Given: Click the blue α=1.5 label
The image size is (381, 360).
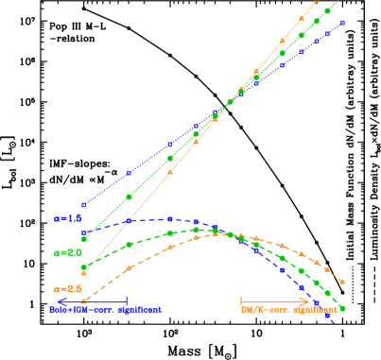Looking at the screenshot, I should tap(68, 218).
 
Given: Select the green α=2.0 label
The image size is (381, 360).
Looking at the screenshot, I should tap(68, 253).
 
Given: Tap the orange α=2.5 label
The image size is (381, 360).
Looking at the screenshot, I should tap(68, 288).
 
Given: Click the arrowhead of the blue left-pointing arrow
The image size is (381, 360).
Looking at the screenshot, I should tap(60, 300).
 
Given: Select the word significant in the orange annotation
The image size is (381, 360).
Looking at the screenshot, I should tap(316, 310).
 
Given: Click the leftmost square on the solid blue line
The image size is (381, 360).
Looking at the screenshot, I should tap(84, 204).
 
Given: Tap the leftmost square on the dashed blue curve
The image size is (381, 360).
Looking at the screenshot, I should tap(84, 232).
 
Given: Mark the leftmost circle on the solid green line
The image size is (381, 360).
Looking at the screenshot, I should tap(84, 239).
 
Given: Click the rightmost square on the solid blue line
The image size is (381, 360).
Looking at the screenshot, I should tap(342, 23).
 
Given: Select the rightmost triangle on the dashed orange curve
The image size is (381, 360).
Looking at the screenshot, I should tap(342, 282).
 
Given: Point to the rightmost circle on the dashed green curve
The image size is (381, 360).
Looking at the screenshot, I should tap(342, 308).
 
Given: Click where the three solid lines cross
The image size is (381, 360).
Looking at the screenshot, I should tap(230, 102).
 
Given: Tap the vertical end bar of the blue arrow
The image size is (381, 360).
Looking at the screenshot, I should tap(127, 300).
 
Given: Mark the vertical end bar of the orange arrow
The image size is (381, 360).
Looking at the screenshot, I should tap(242, 300).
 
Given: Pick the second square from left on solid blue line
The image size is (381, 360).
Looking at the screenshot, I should tap(130, 173).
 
